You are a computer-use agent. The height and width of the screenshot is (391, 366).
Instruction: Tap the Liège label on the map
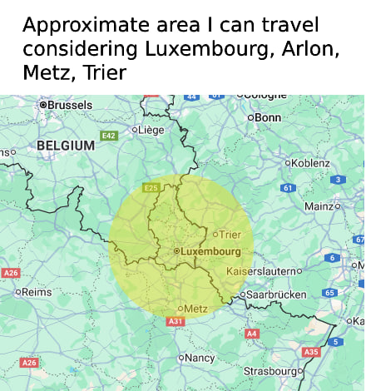coord(151,129)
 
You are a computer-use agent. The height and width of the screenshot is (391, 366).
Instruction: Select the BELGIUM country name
coord(66,146)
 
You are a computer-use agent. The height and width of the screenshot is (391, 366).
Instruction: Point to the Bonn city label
coord(267,117)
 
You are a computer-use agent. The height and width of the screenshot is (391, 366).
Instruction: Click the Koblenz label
coord(310,163)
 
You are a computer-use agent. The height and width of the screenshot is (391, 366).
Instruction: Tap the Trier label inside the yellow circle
coord(230,235)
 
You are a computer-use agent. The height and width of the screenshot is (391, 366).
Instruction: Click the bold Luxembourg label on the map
coord(210,250)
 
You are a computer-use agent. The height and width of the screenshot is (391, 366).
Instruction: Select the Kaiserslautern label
coord(261,271)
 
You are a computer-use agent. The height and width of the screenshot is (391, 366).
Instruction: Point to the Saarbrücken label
coord(274,294)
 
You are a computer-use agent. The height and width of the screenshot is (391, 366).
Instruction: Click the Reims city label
coord(36,292)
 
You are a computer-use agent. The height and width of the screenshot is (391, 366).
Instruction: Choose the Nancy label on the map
coord(199,358)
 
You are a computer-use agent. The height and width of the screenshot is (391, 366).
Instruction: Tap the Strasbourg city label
coord(270,370)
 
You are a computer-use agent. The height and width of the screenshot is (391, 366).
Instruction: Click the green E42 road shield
coord(109,135)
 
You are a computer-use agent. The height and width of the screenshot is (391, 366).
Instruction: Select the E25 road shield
coord(151,188)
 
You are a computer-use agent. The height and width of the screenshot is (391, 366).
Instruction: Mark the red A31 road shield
coord(175,321)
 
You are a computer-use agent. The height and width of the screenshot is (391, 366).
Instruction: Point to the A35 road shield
coord(310,352)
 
